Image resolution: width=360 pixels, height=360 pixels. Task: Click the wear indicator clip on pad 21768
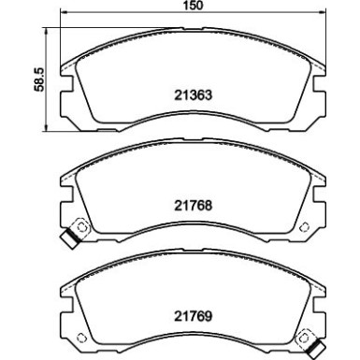[x=66, y=240]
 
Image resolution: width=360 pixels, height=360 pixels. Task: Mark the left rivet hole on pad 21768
[x=80, y=227]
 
